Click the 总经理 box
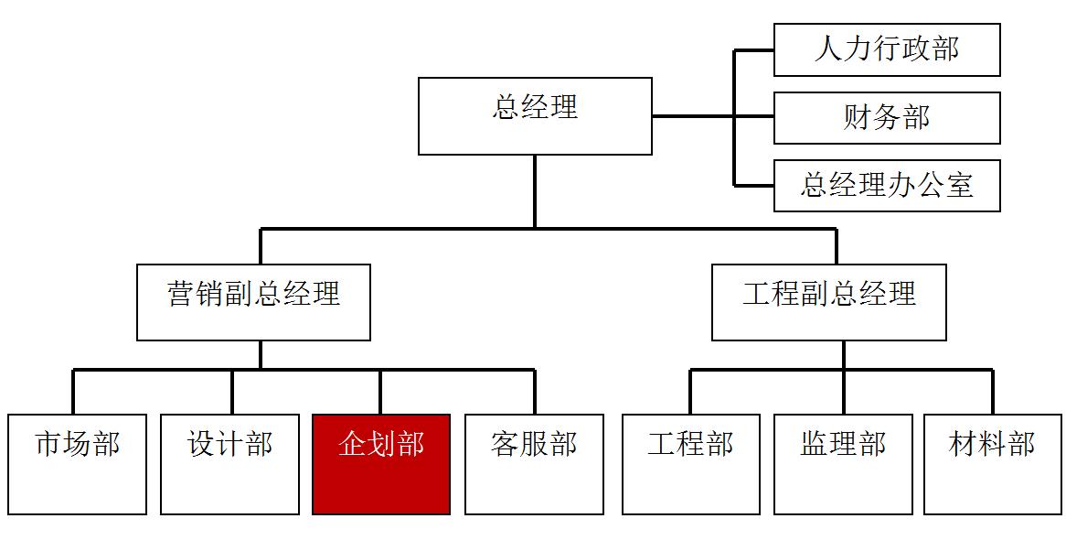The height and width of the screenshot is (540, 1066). pos(535,116)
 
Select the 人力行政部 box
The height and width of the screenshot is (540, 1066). pos(887,50)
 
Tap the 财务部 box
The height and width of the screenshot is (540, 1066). pos(887,118)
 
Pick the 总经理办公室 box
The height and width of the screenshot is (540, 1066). pos(887,186)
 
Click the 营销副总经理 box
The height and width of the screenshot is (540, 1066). pos(253,302)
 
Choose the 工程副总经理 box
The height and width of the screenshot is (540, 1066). pos(828,302)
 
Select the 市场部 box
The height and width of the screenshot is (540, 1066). pos(78,464)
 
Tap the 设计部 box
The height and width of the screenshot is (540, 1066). pos(229,464)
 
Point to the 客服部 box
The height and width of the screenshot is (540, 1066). pos(534,464)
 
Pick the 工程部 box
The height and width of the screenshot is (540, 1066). pos(690,464)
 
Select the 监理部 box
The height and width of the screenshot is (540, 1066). pos(843,464)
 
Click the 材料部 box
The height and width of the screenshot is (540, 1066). pos(992,464)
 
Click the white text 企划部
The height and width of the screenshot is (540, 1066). pos(381,444)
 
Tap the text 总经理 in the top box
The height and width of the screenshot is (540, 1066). pos(535,107)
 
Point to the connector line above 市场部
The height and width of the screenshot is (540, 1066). pos(74,392)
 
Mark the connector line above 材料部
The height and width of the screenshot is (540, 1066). pos(992,392)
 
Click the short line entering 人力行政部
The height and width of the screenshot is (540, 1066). pos(754,51)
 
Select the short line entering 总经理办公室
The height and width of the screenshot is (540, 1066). pos(754,186)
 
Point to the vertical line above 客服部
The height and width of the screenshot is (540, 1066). pos(534,392)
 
